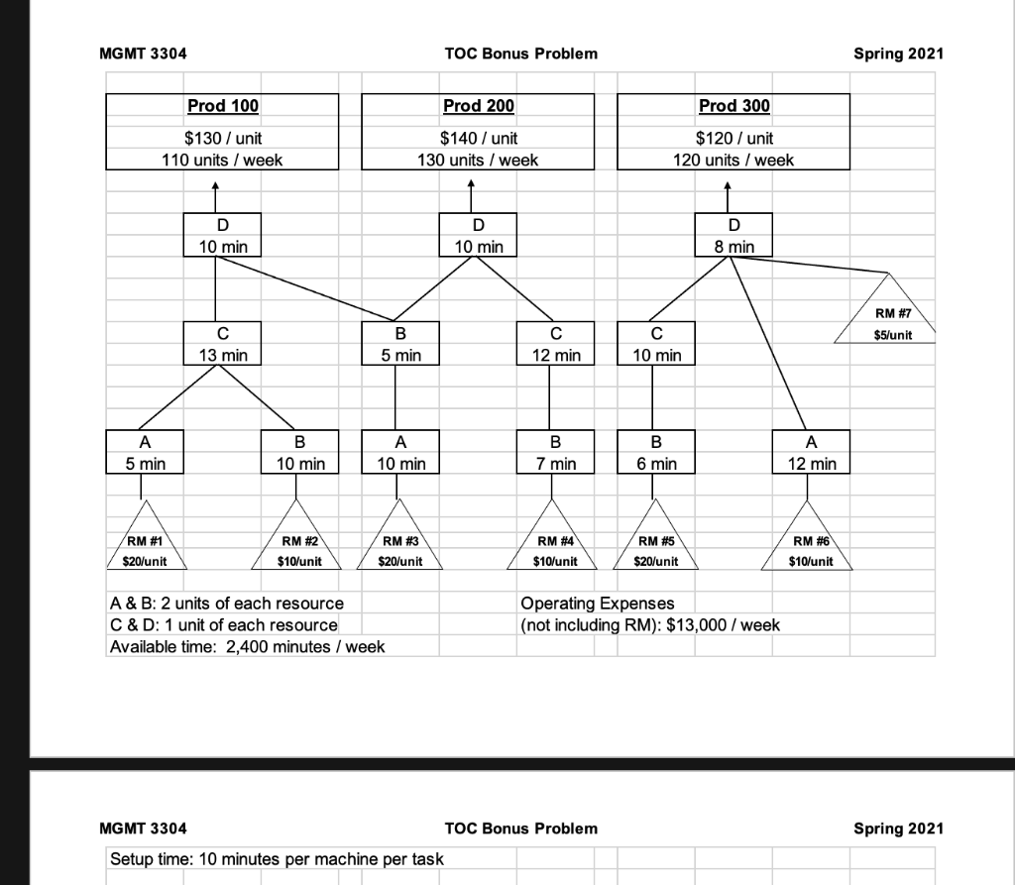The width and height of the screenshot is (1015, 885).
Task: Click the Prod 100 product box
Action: [x=222, y=131]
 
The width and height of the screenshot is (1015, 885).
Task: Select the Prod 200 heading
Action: [x=478, y=106]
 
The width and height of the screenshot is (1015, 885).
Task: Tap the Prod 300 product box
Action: [x=733, y=131]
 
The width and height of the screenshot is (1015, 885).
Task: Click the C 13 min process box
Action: [x=222, y=342]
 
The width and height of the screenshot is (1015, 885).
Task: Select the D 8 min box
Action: [x=733, y=235]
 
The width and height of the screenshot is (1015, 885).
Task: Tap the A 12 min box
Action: [x=810, y=453]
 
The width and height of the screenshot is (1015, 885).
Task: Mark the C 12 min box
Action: [x=555, y=342]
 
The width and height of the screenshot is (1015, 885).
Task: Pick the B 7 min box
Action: [x=555, y=453]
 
